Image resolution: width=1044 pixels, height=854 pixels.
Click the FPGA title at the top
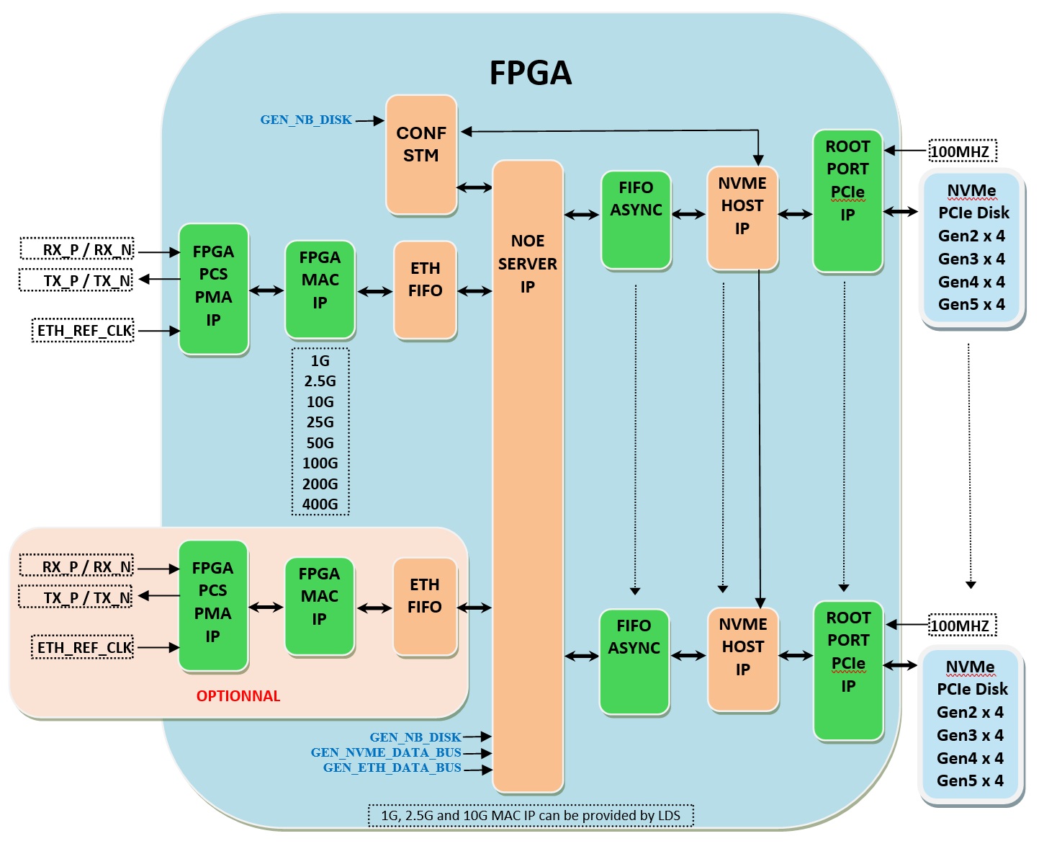[x=531, y=73]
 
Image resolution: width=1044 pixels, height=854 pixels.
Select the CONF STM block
[x=421, y=154]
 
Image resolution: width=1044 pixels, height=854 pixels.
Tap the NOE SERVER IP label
[x=527, y=264]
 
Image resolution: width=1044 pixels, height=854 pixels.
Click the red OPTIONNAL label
[x=238, y=696]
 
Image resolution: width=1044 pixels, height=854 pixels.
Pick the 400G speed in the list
[x=320, y=504]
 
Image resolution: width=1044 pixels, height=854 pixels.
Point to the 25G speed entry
[x=320, y=422]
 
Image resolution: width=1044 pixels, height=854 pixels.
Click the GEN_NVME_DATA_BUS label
[x=386, y=752]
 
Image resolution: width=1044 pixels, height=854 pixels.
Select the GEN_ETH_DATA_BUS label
[x=392, y=768]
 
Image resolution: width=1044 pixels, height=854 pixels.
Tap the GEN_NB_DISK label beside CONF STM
[x=306, y=120]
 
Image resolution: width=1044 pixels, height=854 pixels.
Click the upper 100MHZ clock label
[x=961, y=151]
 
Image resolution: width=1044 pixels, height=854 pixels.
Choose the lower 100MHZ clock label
[x=961, y=626]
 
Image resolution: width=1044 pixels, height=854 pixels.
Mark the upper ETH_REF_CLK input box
[x=84, y=331]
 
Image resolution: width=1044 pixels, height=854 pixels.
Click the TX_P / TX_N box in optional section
[x=76, y=597]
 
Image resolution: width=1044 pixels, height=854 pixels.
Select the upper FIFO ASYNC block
[x=636, y=221]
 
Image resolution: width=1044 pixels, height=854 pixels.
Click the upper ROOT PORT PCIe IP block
[x=847, y=201]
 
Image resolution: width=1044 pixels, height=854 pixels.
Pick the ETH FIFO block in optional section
[x=425, y=607]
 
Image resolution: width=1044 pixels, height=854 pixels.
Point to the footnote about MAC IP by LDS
[x=531, y=816]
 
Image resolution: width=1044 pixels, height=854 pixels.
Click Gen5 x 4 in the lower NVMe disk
[x=970, y=780]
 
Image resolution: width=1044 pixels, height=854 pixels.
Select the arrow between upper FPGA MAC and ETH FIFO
[x=374, y=292]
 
